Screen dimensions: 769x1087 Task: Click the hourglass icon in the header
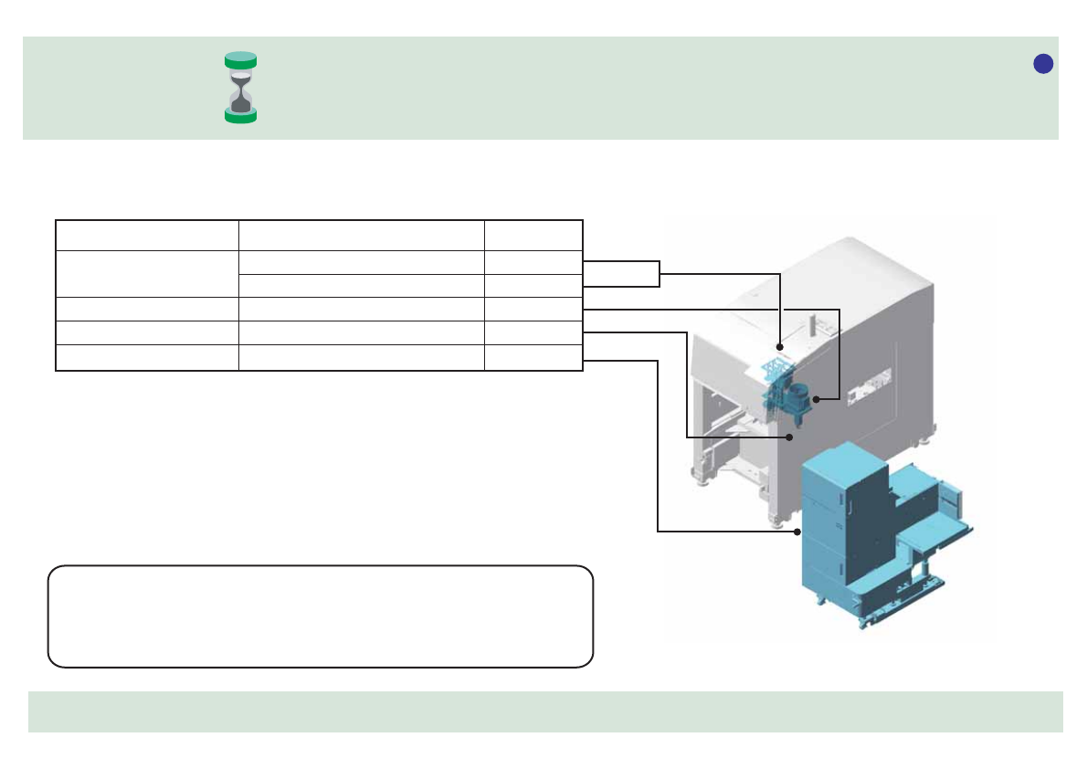241,87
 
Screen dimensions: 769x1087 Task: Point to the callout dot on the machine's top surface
780,348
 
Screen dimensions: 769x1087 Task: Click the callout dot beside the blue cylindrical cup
815,399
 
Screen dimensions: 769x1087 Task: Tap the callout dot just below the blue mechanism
790,437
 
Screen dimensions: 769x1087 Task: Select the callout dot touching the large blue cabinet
797,531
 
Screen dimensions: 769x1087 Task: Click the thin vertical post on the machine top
811,323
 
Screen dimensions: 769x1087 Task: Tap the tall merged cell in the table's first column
146,273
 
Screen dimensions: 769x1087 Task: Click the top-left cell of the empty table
146,235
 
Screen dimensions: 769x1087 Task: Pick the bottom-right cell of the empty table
533,359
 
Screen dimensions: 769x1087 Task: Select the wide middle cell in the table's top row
361,235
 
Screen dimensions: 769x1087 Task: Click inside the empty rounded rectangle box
320,616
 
